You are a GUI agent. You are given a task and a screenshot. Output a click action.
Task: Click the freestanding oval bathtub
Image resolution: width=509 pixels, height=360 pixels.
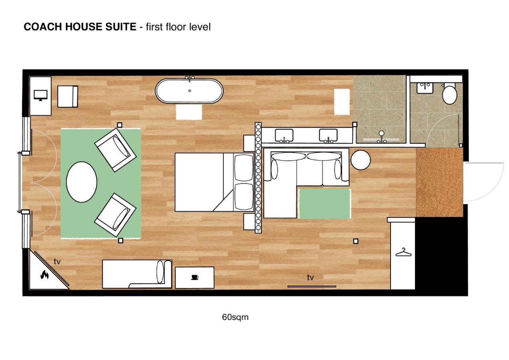[x=189, y=91]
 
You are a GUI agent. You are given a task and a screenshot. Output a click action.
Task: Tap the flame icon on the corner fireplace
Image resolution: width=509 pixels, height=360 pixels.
[x=44, y=274]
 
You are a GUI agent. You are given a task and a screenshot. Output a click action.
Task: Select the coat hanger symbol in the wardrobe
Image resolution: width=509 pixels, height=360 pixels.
[x=404, y=252]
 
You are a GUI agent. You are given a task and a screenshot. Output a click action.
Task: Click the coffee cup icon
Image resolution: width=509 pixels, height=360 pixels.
[x=194, y=277]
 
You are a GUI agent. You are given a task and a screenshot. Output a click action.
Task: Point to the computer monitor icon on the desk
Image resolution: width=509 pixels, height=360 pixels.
[x=41, y=95]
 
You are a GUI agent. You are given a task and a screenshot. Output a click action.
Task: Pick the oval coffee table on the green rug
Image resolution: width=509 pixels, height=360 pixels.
[x=82, y=182]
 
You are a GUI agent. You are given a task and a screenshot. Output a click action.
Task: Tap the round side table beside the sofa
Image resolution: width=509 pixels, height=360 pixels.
[x=361, y=160]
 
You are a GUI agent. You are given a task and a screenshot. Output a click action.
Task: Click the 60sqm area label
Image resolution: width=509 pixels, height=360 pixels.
[x=235, y=317]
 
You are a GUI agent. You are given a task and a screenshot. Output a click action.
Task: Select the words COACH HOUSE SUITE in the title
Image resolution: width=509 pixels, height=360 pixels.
[x=80, y=27]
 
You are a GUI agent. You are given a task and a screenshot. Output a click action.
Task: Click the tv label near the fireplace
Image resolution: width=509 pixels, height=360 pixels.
[x=57, y=262]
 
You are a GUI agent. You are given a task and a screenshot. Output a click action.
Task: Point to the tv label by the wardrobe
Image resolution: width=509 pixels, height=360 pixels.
[x=310, y=277]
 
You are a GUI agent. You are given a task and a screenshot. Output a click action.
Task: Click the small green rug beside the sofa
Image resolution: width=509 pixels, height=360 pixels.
[x=325, y=204]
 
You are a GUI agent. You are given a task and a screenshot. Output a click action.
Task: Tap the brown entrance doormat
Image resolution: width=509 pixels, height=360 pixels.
[x=439, y=182]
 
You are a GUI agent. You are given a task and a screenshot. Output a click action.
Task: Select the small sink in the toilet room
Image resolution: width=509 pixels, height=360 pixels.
[x=425, y=88]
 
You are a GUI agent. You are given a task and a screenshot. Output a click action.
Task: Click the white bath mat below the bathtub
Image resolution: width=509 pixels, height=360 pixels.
[x=189, y=112]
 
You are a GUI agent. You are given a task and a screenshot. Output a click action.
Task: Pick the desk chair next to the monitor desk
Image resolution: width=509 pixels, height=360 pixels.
[x=68, y=96]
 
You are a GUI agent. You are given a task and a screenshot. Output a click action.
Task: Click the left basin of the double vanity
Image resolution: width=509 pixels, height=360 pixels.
[x=284, y=135]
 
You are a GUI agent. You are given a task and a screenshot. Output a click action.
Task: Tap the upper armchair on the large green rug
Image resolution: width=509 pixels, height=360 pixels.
[x=115, y=150]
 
